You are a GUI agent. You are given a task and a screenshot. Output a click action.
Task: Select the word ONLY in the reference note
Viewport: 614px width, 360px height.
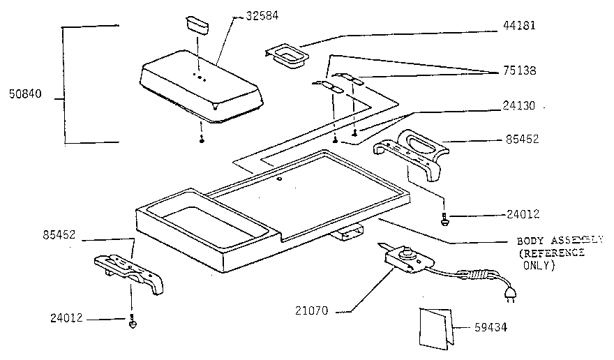539,266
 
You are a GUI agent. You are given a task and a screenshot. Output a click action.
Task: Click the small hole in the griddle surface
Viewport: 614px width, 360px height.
279,180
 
